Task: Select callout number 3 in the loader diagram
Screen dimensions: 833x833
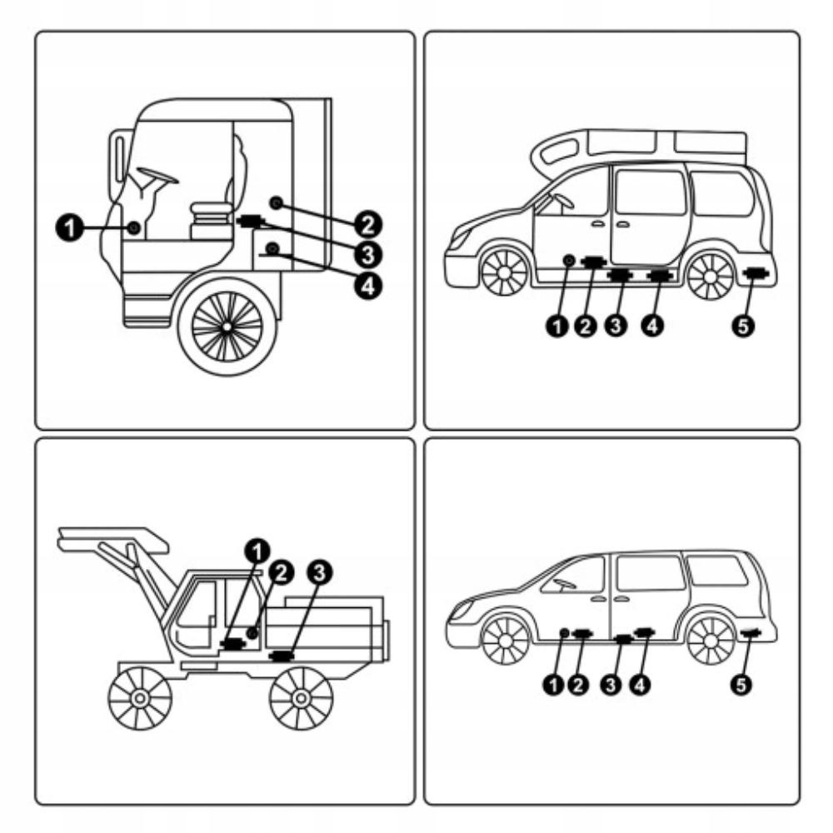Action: [x=319, y=571]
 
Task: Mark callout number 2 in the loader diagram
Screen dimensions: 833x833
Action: [x=282, y=571]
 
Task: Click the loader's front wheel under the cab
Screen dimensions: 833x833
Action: [x=140, y=695]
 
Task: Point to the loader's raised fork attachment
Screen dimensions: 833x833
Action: [x=112, y=541]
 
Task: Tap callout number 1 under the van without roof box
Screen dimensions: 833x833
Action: [x=550, y=684]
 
